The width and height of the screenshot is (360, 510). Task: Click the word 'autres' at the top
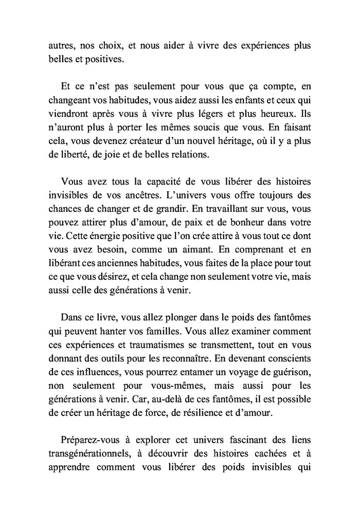pyautogui.click(x=60, y=45)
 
